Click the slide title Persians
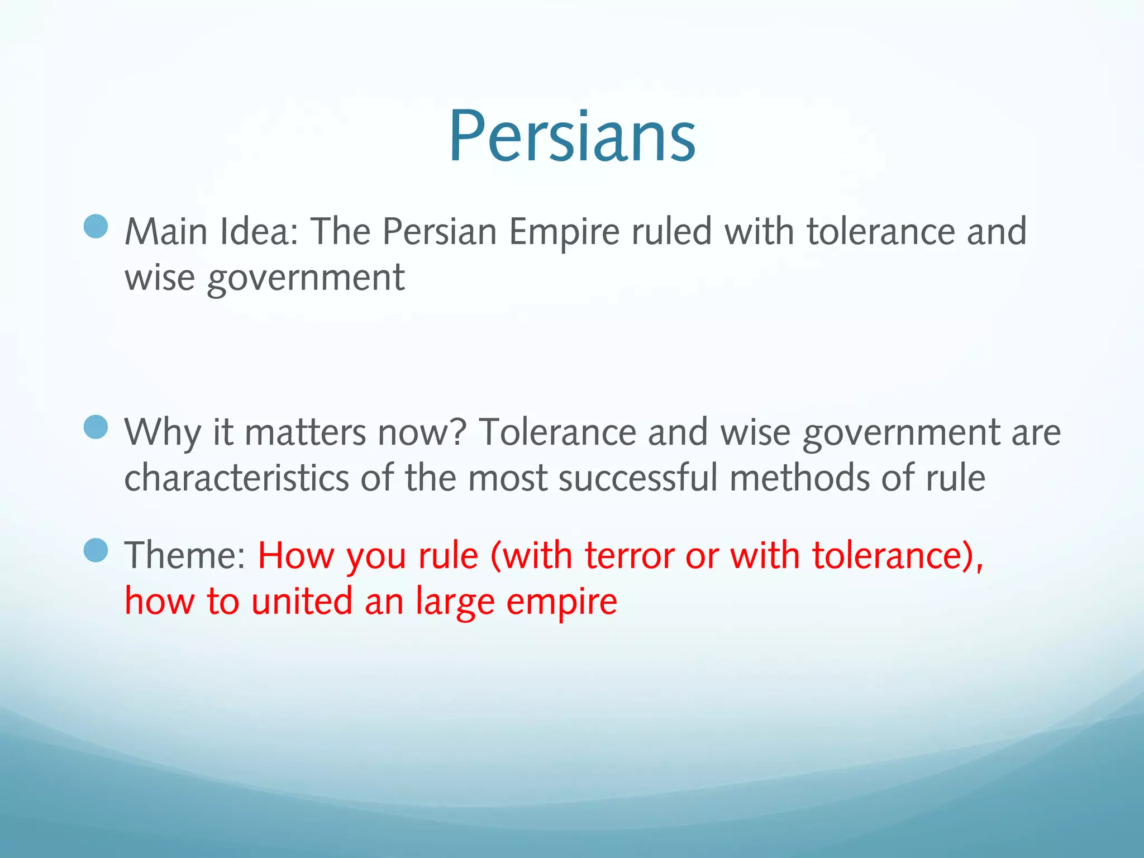click(x=572, y=137)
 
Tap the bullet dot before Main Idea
click(x=96, y=226)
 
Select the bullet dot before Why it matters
click(x=96, y=427)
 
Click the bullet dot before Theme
click(x=96, y=550)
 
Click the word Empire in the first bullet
click(x=564, y=232)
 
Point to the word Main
click(x=166, y=232)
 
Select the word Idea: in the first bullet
click(x=259, y=232)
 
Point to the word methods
click(x=799, y=478)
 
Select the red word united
click(x=302, y=601)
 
